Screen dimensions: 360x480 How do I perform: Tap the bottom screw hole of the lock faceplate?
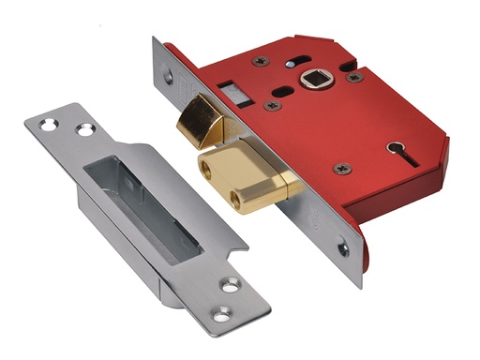click(x=341, y=250)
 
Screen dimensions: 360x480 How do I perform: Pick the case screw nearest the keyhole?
click(x=342, y=169)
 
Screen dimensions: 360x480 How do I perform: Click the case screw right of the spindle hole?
click(x=353, y=78)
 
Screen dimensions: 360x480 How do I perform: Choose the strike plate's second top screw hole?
click(x=86, y=130)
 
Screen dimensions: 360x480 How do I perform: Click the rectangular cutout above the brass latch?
click(x=229, y=91)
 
